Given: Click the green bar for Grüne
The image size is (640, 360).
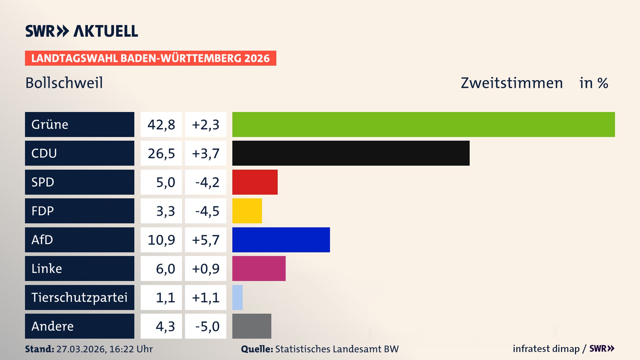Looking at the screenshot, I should (x=423, y=124).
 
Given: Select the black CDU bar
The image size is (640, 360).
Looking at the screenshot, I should (x=351, y=153).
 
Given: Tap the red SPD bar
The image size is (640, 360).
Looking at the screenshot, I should (x=255, y=182).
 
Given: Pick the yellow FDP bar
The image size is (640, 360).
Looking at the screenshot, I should (x=247, y=211).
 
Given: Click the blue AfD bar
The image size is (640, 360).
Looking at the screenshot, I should (x=281, y=240).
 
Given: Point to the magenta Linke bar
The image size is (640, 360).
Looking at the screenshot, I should (x=259, y=268).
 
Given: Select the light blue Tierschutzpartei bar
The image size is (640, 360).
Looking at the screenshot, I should (x=237, y=297).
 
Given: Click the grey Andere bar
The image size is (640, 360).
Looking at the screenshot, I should (x=252, y=326).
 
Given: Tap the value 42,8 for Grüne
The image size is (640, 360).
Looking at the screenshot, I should (x=161, y=125).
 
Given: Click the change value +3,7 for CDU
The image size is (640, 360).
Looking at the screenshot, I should (x=206, y=153).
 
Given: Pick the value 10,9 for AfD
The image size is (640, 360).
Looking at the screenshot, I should (x=161, y=240).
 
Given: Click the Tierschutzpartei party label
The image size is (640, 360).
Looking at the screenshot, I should (x=79, y=297).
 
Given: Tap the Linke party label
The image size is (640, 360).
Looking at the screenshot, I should (x=47, y=269).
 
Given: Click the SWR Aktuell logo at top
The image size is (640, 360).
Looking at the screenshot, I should (x=82, y=31).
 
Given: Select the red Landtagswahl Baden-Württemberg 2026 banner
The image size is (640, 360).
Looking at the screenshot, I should (x=150, y=58).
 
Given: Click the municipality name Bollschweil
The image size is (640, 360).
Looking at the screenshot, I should (x=64, y=83).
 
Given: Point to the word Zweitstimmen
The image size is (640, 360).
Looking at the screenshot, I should (x=512, y=83).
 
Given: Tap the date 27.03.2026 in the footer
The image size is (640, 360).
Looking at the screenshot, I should (x=81, y=349).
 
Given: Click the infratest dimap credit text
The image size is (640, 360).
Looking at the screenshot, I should (x=546, y=349).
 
